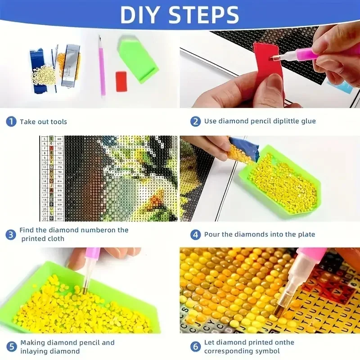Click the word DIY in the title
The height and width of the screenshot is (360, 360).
pyautogui.click(x=145, y=14)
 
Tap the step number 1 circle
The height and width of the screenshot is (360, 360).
pyautogui.click(x=11, y=121)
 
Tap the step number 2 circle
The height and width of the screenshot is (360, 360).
pyautogui.click(x=195, y=121)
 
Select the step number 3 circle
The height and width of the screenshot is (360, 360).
pyautogui.click(x=11, y=234)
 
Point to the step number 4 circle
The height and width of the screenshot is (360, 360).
pyautogui.click(x=195, y=234)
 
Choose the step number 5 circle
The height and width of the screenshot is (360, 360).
pyautogui.click(x=11, y=346)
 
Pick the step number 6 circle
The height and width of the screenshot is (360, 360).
pyautogui.click(x=195, y=346)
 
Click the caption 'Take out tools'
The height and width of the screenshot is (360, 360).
pyautogui.click(x=43, y=121)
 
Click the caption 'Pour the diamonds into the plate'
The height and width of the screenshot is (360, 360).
pyautogui.click(x=260, y=234)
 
